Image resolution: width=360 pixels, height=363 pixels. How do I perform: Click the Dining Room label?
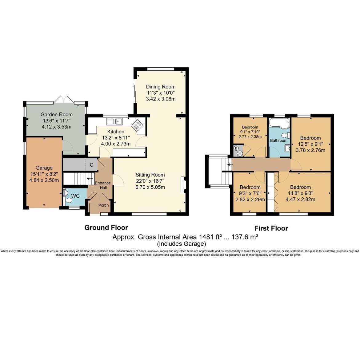point(160,87)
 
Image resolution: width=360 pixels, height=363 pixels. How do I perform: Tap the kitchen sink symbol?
point(114,121)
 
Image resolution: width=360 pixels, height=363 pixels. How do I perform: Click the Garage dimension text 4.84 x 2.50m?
point(44,180)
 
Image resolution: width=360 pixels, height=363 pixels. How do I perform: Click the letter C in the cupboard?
point(92,165)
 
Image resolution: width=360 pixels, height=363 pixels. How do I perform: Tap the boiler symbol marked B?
point(236,148)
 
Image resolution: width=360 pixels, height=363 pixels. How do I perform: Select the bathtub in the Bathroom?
point(279,123)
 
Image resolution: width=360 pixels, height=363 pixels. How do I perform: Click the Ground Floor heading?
point(106,227)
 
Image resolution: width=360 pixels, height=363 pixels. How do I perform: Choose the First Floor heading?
point(271,228)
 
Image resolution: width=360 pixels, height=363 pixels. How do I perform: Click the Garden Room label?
point(57,114)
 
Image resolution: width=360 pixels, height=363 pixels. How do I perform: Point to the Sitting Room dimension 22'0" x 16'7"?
point(150,181)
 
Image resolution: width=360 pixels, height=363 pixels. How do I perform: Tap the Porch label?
point(103,205)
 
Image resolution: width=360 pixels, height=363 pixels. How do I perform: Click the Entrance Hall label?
point(103,185)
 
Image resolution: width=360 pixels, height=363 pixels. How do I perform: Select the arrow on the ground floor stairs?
point(90,179)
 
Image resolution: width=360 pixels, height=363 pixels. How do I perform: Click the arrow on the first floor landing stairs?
point(230,165)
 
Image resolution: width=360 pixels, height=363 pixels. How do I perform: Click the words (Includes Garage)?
point(182,244)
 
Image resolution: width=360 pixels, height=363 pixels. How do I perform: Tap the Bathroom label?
point(279,140)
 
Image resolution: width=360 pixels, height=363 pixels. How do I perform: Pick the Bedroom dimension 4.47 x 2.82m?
point(300,199)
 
